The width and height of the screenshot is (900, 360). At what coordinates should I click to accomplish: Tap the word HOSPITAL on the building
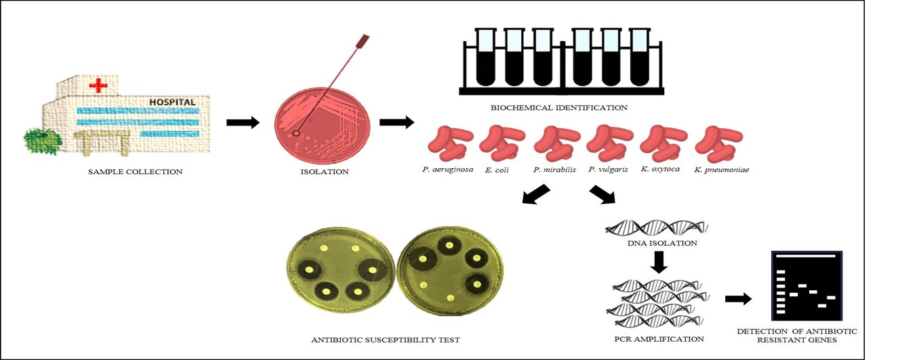tap(172, 102)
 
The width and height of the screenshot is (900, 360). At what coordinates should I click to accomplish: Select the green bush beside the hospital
tap(43, 140)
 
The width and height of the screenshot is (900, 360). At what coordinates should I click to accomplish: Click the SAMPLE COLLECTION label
tap(135, 172)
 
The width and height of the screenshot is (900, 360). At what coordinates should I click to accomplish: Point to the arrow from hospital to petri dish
tap(243, 122)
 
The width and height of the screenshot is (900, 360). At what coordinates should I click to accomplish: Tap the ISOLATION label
tap(324, 172)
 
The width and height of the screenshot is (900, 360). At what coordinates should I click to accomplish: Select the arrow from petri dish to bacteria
tap(396, 122)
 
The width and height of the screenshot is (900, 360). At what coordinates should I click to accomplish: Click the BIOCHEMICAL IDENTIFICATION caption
tap(558, 107)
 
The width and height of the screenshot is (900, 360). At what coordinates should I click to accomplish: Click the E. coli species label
tap(497, 169)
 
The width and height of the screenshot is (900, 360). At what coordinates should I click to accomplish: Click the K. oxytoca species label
tap(659, 169)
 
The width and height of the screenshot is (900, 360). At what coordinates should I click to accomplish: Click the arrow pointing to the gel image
tap(738, 298)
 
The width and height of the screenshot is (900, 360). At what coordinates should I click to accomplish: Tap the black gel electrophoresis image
tap(807, 286)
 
